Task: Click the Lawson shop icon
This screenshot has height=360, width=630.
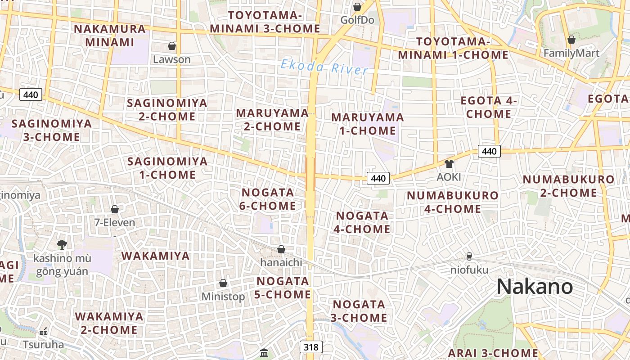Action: coord(172,46)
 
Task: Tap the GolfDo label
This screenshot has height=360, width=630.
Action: coord(357,20)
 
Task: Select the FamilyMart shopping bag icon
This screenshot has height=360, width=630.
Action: coord(571,40)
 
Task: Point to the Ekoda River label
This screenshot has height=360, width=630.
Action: coord(324,67)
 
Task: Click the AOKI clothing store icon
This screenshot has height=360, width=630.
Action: coord(449,164)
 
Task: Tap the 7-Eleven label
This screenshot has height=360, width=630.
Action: coord(115,222)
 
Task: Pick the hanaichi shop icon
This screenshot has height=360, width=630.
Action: coord(281,249)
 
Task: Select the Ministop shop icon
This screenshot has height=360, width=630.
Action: coord(223,283)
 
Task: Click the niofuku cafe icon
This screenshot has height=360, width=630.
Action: coord(469,256)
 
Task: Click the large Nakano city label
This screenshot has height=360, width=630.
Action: coord(535,287)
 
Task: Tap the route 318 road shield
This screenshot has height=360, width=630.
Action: coord(311,347)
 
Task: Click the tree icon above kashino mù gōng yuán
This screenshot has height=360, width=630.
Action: coord(62,244)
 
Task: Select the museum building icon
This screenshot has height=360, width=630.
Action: coord(264,352)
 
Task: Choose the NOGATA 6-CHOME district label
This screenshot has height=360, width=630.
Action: coord(268,199)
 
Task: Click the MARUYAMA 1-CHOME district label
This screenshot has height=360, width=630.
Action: coord(368,124)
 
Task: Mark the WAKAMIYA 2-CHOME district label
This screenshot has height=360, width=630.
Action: coord(109,323)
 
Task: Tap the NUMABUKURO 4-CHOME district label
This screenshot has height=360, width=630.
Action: coord(453,202)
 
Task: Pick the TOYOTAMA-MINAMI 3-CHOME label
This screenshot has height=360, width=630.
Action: coord(265,22)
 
